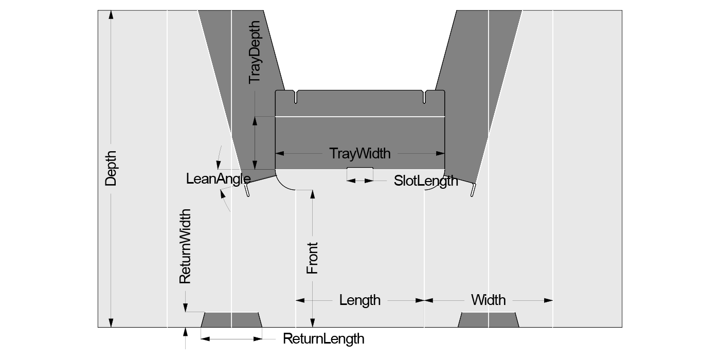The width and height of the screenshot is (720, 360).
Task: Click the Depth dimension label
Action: coord(111,168)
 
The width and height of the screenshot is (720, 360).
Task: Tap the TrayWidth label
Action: coord(359,153)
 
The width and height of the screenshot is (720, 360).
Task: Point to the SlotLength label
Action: coord(425,181)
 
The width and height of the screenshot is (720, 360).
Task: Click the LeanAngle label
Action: coord(218,179)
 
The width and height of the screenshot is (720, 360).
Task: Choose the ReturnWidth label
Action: coord(185,246)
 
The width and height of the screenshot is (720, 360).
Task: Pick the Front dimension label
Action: coord(312,258)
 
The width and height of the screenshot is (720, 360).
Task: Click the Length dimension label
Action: coord(359,300)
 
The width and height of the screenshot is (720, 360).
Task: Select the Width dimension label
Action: coord(488,300)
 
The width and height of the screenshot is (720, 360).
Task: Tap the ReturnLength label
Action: coord(323,339)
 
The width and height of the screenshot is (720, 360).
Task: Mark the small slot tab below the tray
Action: coord(359,171)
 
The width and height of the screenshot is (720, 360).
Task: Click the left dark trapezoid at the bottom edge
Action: coord(231,319)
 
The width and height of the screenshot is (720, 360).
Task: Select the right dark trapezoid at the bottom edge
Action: coord(488,319)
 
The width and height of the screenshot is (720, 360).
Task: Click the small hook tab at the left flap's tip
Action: coord(247,191)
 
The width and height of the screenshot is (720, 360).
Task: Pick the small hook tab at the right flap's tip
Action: coord(472,191)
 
